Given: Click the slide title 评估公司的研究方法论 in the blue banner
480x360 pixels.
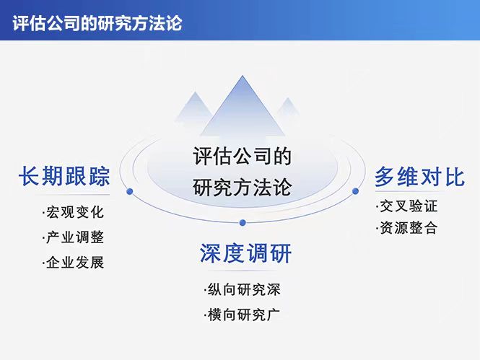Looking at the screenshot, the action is [x=97, y=23].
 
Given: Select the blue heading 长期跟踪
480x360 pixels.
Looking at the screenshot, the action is [x=64, y=177].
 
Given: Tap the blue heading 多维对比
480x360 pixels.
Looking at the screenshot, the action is [x=420, y=177].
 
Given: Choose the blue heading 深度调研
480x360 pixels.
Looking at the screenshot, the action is [x=245, y=253].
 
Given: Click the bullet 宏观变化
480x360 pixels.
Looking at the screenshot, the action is [x=73, y=212].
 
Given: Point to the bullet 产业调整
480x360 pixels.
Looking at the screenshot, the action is [x=73, y=237].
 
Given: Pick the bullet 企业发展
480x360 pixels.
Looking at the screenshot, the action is [x=73, y=263].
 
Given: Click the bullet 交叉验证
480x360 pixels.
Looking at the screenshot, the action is [x=407, y=206].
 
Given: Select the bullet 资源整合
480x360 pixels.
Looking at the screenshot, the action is [x=407, y=228].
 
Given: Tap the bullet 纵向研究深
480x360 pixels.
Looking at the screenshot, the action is [x=242, y=289].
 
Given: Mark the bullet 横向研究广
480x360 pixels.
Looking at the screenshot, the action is [x=242, y=315].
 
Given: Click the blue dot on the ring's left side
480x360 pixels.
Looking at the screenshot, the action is [x=130, y=191].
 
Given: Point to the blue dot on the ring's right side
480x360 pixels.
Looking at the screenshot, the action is [x=355, y=191].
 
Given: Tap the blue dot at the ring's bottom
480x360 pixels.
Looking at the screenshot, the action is [x=243, y=222].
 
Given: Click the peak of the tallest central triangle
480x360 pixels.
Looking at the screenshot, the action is [x=243, y=76].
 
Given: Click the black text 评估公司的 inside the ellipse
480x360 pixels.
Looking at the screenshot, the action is [x=242, y=157].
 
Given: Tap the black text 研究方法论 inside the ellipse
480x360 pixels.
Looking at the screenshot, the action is [x=242, y=187].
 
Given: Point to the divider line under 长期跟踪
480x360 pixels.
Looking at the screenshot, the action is [x=72, y=195].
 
